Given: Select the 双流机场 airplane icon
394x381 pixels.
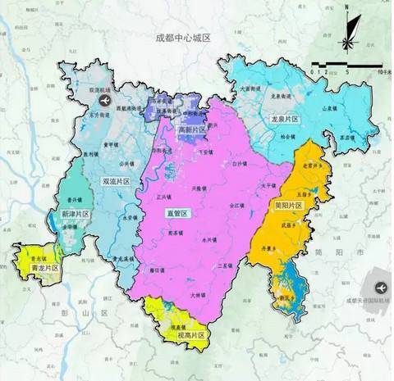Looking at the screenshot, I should (104, 100).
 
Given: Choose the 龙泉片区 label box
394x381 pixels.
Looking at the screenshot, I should (285, 120).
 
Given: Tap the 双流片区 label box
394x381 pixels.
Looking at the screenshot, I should (116, 180).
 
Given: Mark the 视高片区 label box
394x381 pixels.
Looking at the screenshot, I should (190, 334).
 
